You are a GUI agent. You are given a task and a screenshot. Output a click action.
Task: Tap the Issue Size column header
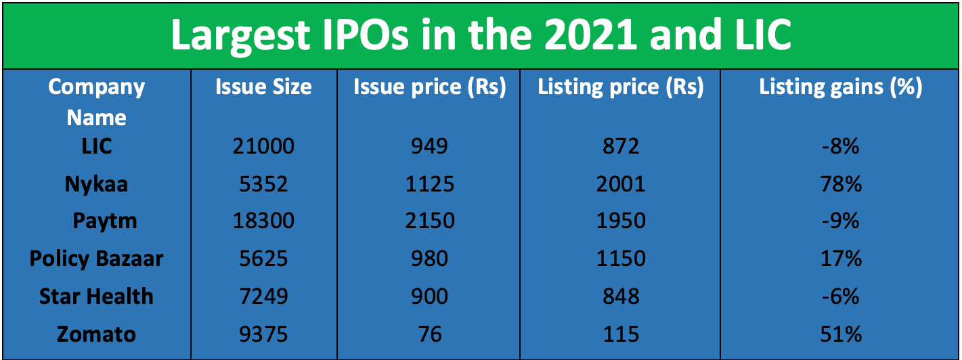[x=263, y=87]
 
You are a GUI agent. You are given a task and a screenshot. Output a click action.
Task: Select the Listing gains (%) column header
[x=841, y=87]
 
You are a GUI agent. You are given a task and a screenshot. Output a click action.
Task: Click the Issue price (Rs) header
[x=430, y=87]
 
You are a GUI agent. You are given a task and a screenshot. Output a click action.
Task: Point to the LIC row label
[x=97, y=146]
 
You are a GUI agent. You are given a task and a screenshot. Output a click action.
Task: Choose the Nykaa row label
[x=97, y=184]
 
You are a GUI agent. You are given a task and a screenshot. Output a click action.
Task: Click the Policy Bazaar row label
[x=97, y=258]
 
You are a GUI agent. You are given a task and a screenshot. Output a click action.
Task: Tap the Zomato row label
[x=97, y=334]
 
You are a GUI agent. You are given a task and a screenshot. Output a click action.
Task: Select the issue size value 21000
[x=263, y=146]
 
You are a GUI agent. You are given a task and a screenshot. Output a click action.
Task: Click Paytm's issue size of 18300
[x=263, y=221]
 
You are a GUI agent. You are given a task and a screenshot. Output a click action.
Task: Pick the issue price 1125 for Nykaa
[x=430, y=184]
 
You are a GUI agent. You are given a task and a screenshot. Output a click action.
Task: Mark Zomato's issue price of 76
[x=430, y=334]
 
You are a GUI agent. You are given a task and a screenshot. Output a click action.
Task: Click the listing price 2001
[x=621, y=184]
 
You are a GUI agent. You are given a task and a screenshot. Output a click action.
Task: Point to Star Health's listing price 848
[x=621, y=296]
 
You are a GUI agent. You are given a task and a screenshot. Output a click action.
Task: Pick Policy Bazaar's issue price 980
[x=430, y=258]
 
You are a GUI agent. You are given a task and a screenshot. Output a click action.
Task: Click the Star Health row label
[x=97, y=296]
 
